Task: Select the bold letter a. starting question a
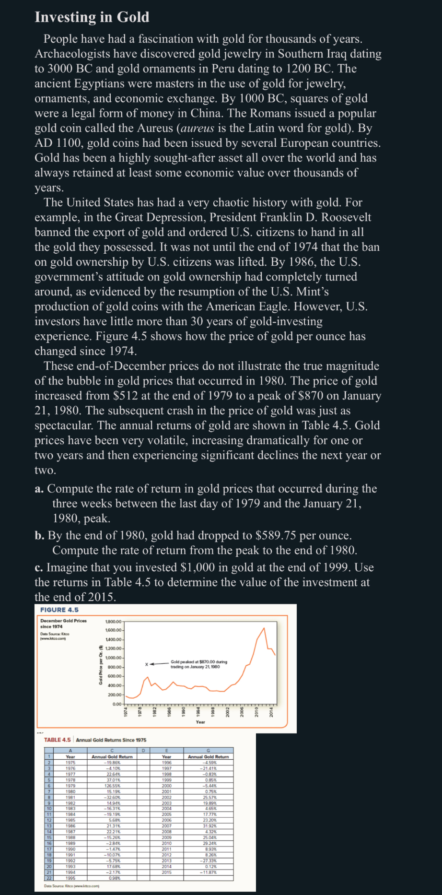[39, 489]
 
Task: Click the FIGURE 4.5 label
[59, 610]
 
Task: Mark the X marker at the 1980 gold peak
[147, 664]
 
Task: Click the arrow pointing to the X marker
[158, 664]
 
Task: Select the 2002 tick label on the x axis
[228, 712]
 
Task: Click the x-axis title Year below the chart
[200, 722]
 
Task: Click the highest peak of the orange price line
[264, 628]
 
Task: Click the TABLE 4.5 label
[57, 740]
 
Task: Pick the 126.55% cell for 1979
[113, 786]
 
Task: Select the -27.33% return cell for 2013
[210, 860]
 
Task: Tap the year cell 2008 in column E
[166, 832]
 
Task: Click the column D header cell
[143, 751]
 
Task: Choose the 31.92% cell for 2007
[210, 826]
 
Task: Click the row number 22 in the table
[48, 878]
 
